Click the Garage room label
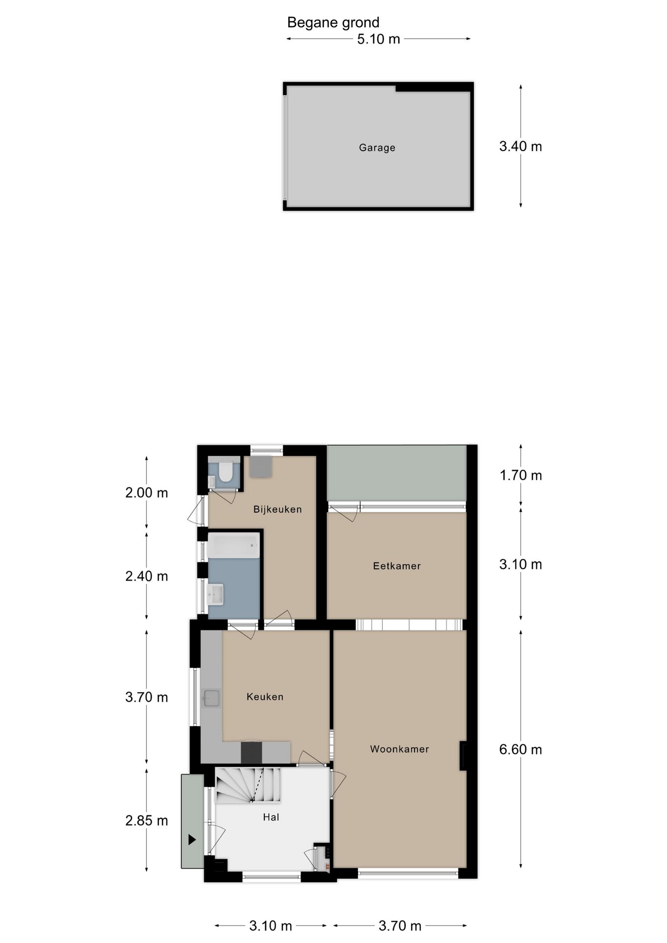coord(377,147)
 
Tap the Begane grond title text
coord(333,23)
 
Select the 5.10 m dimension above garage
coord(378,39)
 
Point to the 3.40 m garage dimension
coord(520,146)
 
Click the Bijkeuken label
coord(277,509)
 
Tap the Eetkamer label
coord(396,566)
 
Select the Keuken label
coord(265,696)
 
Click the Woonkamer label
coord(399,749)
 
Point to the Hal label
coord(271,817)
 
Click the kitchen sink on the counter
coord(212,698)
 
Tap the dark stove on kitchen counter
coord(251,752)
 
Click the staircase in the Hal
coord(248,785)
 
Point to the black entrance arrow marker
coord(192,840)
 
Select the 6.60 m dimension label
coord(520,749)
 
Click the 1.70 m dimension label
coord(520,475)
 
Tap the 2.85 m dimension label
coord(146,820)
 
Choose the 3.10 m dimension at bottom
coord(270,926)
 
